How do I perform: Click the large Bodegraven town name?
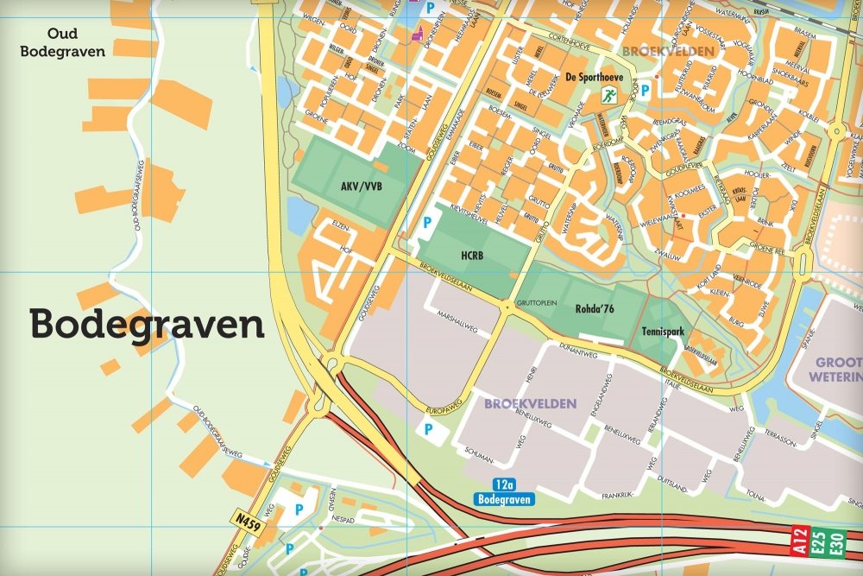[147, 326]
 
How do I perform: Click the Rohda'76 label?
[593, 306]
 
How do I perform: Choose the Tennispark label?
[663, 330]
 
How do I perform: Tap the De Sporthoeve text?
[595, 76]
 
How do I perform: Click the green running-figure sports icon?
[608, 96]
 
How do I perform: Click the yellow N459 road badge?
[248, 519]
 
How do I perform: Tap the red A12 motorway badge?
[801, 541]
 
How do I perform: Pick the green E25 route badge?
[819, 541]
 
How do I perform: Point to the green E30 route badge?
[836, 541]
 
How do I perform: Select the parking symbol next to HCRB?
[426, 224]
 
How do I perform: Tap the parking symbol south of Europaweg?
[426, 428]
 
